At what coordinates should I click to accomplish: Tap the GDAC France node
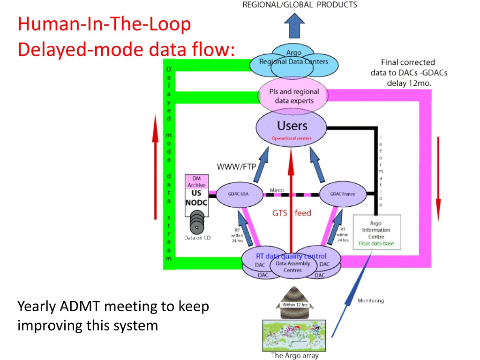pos(342,194)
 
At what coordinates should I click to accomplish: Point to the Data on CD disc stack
pos(197,223)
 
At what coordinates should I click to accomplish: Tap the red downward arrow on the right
pos(438,179)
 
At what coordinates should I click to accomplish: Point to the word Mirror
pos(277,190)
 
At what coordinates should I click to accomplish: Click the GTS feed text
pos(292,213)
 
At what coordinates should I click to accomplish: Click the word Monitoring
pos(370,300)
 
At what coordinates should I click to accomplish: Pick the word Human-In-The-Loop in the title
pos(104,24)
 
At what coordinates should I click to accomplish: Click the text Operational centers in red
pos(291,139)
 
